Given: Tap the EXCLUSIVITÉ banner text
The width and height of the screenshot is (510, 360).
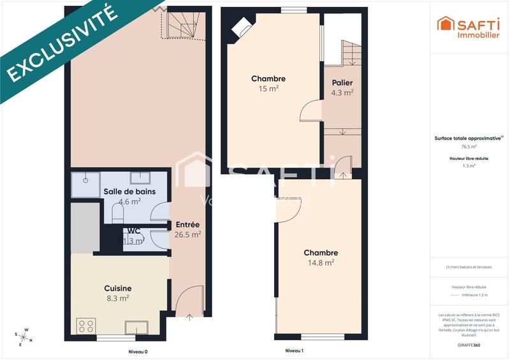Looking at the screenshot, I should (62, 45).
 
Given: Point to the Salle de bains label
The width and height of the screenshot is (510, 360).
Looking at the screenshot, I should (129, 192).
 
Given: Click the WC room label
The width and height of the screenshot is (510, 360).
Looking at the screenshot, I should (134, 231).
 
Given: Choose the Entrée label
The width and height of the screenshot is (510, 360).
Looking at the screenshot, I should (187, 225).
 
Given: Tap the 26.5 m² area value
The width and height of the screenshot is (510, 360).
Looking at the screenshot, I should (187, 234).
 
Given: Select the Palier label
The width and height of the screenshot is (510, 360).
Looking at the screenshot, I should (342, 83).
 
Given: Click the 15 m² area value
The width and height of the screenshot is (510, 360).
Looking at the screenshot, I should (268, 89).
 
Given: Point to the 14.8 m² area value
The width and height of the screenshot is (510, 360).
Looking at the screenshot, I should (321, 262).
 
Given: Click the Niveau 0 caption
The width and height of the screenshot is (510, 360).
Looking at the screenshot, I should (138, 351).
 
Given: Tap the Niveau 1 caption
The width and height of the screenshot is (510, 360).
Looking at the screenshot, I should (294, 351).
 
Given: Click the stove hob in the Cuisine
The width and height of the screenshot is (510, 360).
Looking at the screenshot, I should (86, 326).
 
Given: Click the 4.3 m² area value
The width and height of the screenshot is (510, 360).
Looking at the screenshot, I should (342, 92).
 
